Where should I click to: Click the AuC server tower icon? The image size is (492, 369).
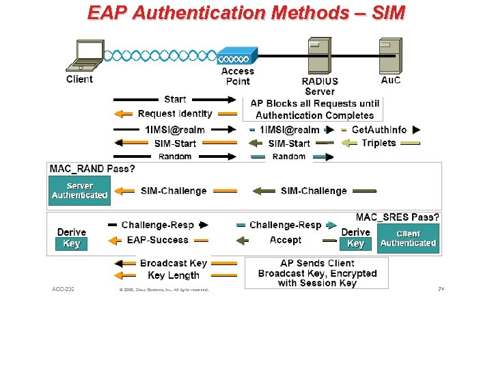390,56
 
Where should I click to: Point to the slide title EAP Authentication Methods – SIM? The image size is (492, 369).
246,12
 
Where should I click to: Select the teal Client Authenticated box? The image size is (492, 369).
408,238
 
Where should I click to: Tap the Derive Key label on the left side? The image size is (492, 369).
71,238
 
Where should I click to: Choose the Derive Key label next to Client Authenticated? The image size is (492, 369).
355,238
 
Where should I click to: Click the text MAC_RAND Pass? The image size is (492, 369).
92,168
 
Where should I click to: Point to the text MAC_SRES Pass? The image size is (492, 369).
397,217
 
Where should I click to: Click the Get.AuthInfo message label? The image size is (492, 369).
379,129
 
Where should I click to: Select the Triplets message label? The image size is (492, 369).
379,143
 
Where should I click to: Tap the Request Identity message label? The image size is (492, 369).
175,113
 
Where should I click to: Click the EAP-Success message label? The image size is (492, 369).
157,240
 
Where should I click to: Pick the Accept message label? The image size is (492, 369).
286,240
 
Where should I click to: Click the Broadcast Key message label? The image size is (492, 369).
173,263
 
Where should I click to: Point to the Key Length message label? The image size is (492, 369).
174,275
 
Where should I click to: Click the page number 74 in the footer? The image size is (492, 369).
441,289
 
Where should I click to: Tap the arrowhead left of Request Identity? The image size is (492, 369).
118,114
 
